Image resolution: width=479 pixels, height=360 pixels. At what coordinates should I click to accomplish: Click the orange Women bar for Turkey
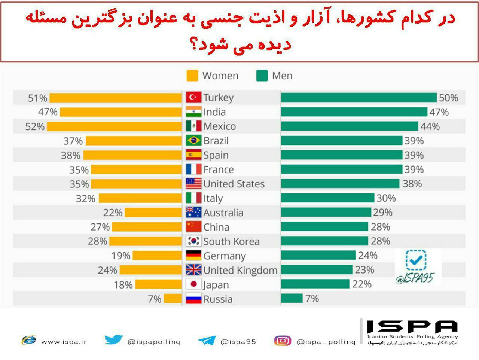point(115,98)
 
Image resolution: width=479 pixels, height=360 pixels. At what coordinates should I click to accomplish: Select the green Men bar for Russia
point(292,298)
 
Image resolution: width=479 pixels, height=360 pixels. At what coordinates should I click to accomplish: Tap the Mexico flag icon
point(193,126)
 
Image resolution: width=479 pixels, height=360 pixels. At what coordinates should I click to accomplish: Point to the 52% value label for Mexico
point(35,126)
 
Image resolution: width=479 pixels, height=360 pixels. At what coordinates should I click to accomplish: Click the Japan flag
point(193,284)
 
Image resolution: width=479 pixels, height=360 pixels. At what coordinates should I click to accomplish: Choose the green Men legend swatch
point(262,76)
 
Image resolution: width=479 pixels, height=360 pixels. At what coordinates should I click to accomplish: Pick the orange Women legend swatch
point(192,76)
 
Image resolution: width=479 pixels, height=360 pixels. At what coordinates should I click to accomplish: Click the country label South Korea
point(231,241)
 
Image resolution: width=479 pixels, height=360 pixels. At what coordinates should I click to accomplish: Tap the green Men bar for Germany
point(318,255)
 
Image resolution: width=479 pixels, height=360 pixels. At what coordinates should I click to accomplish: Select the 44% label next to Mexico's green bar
point(430,126)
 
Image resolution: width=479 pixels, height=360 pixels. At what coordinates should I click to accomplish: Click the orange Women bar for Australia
point(153,213)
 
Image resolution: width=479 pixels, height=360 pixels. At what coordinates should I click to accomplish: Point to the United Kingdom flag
point(193,270)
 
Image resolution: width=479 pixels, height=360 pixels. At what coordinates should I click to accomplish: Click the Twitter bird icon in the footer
point(114,340)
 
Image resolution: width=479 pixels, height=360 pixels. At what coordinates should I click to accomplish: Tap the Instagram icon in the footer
point(283,341)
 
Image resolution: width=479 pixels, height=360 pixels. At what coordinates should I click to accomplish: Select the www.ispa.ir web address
point(64,342)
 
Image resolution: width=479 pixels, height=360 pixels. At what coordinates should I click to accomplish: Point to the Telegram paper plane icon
point(207,341)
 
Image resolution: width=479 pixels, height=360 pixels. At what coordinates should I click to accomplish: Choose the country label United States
point(234,184)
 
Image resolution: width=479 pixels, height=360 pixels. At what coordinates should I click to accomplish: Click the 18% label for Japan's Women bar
point(123,285)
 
